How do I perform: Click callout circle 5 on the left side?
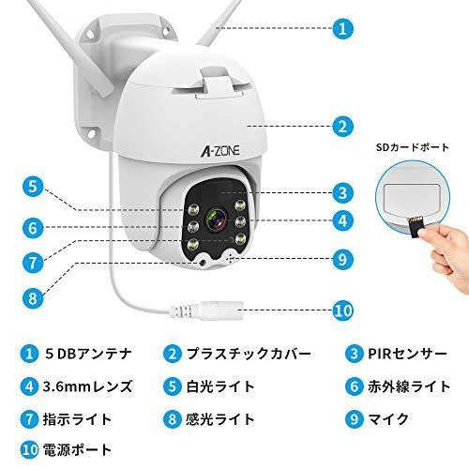click(31, 186)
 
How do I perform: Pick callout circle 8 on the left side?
click(31, 299)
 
